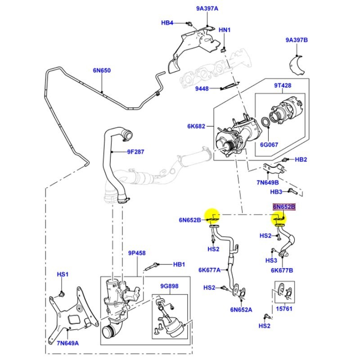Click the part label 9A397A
coord(207,8)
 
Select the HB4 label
coord(167,22)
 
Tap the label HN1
coord(225,30)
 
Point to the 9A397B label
coord(297,40)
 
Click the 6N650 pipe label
coord(102,71)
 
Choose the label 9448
coord(202,89)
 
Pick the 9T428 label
coord(283,85)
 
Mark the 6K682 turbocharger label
coord(196,126)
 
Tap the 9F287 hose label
coord(135,152)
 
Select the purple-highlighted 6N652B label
coord(284,207)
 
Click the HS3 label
coord(271,261)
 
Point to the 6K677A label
coord(209,270)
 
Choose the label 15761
coord(284,310)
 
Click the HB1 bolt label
coord(179,264)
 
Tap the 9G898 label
coord(170,286)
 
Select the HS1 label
coord(62,274)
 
